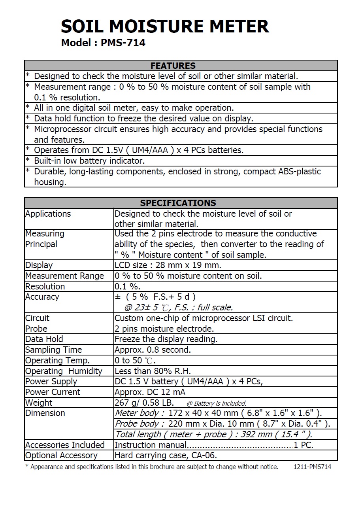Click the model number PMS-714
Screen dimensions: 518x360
pyautogui.click(x=123, y=43)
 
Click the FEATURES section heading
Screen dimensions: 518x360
pyautogui.click(x=173, y=66)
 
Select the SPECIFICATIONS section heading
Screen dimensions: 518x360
pyautogui.click(x=178, y=203)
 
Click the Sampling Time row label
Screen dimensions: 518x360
pyautogui.click(x=53, y=350)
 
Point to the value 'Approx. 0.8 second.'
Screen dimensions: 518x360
pyautogui.click(x=153, y=350)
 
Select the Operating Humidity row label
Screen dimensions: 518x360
pyautogui.click(x=64, y=371)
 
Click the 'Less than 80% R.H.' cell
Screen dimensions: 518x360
pyautogui.click(x=153, y=371)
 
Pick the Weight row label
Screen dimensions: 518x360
pyautogui.click(x=39, y=403)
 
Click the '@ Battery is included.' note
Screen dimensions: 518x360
pyautogui.click(x=216, y=403)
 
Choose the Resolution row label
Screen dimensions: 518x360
pyautogui.click(x=45, y=286)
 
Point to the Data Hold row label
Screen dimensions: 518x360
pyautogui.click(x=44, y=339)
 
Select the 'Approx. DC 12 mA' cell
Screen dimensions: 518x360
pyautogui.click(x=150, y=392)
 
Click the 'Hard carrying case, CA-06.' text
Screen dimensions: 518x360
pyautogui.click(x=166, y=456)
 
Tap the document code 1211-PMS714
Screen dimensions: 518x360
pyautogui.click(x=312, y=467)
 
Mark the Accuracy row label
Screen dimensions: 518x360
pyautogui.click(x=42, y=297)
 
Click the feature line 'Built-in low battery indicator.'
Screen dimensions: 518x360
pyautogui.click(x=89, y=161)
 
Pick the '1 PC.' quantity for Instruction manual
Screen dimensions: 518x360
pyautogui.click(x=303, y=445)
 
